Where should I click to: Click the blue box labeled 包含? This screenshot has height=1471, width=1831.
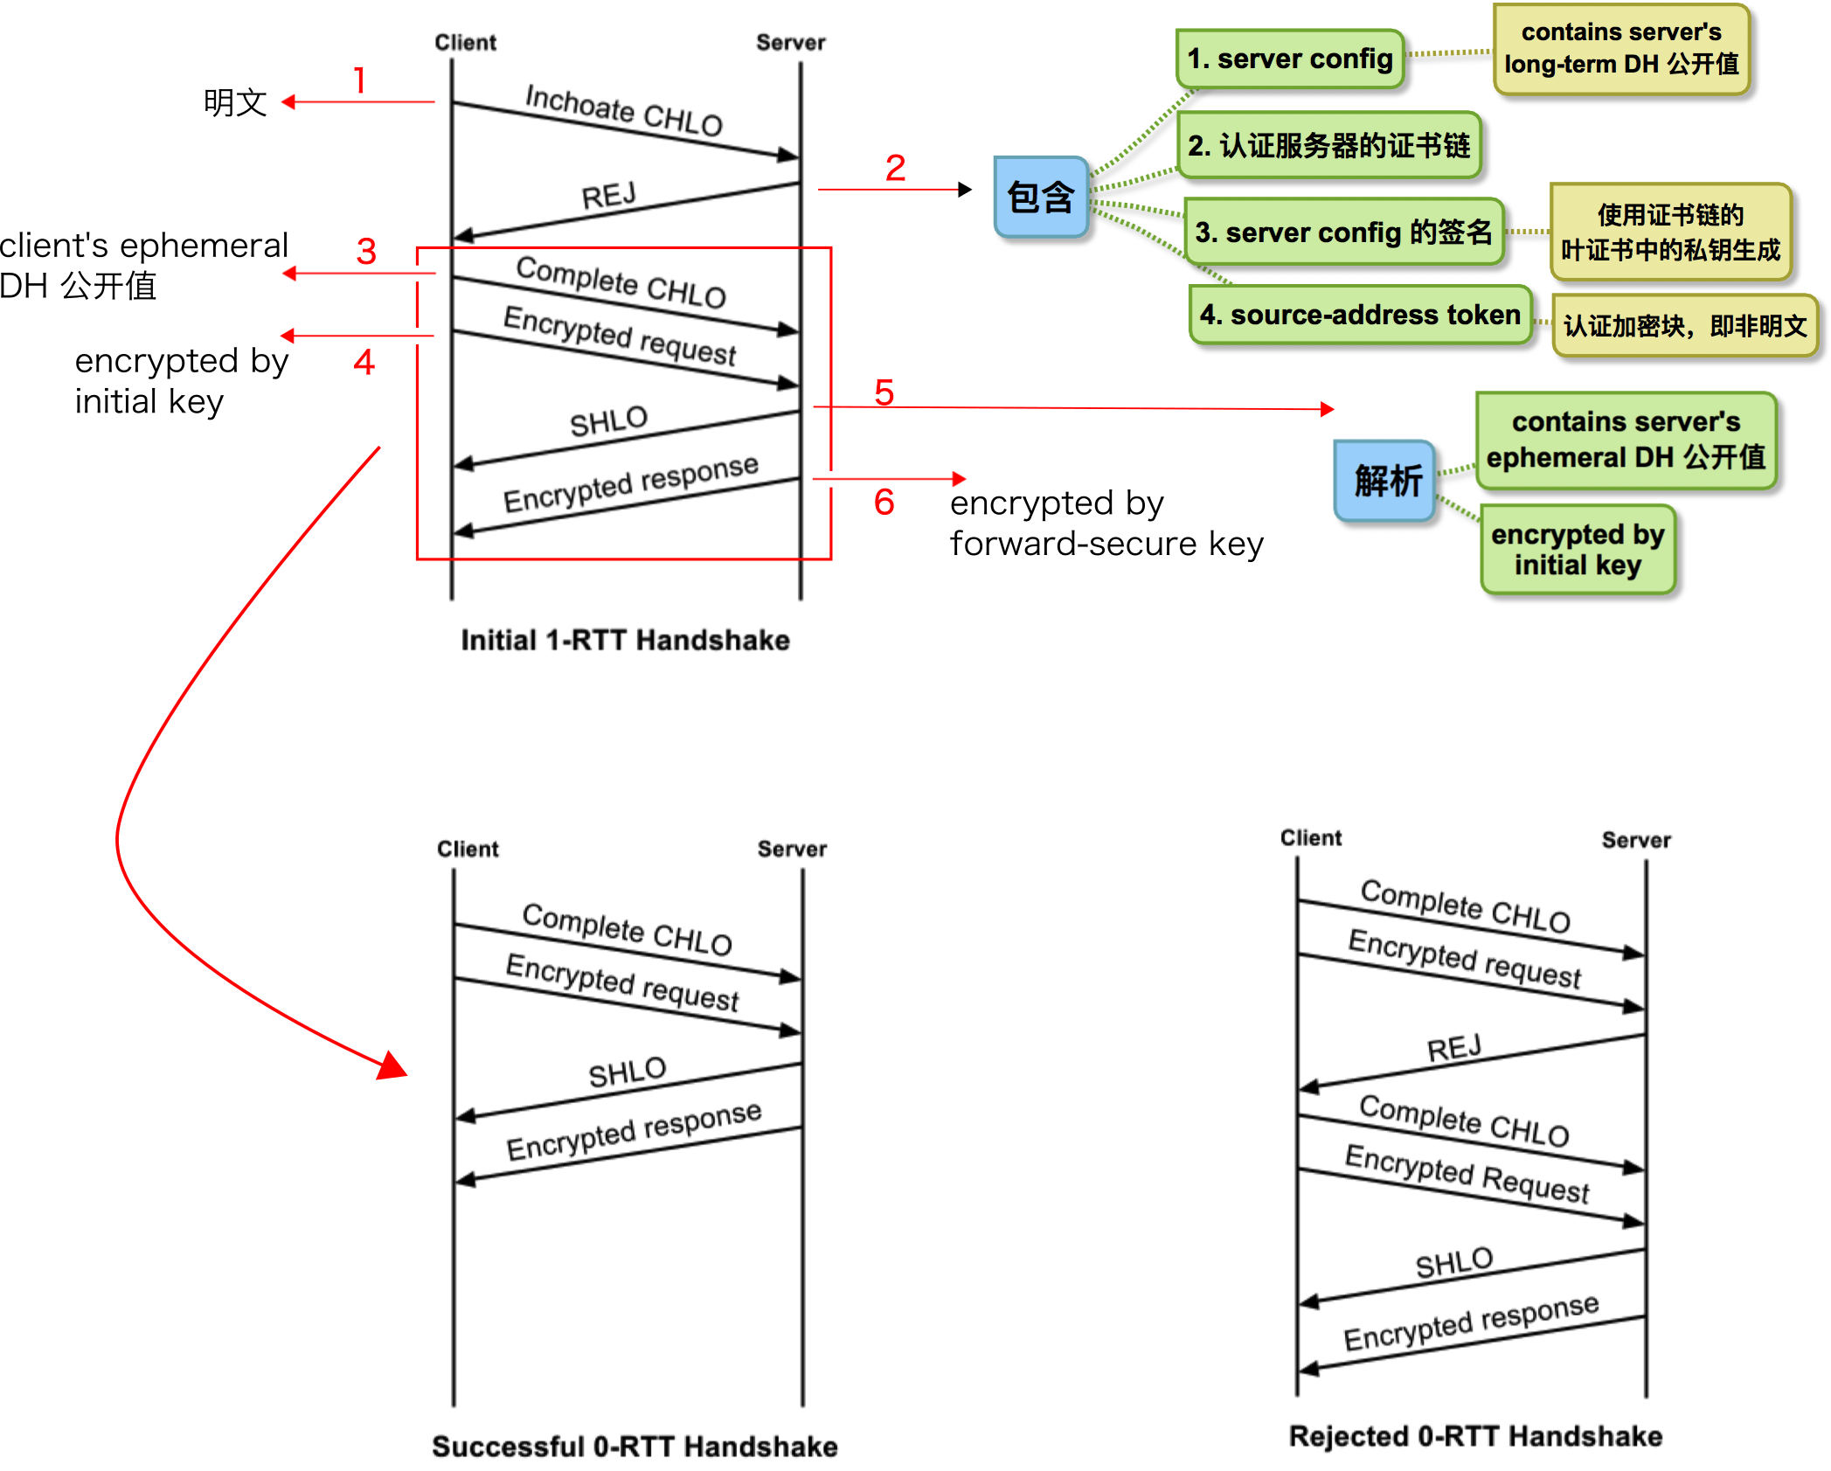point(1041,197)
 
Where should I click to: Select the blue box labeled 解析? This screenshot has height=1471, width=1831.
point(1385,481)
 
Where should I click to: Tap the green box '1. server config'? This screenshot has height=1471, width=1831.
point(1290,59)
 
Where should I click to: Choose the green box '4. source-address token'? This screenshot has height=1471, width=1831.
point(1361,315)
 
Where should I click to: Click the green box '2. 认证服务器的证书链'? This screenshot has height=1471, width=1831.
point(1329,145)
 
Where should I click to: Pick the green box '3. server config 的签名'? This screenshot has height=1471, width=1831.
point(1344,232)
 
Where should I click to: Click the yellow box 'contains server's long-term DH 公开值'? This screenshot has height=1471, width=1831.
point(1622,48)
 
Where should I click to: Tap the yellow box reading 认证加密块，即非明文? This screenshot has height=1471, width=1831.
point(1686,326)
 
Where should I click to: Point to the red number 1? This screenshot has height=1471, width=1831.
point(360,80)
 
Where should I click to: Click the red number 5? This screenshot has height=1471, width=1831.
point(884,392)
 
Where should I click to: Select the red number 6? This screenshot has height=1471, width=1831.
point(884,502)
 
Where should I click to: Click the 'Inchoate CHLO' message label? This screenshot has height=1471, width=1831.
point(624,111)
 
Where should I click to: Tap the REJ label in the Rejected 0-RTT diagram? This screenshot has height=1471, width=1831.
point(1454,1047)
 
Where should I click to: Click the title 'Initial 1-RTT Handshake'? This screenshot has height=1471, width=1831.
point(626,640)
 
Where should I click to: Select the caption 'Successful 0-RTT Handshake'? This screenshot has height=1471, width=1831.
point(635,1447)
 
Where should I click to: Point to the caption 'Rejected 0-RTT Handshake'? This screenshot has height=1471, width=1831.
point(1476,1436)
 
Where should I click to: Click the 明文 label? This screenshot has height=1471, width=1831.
point(235,102)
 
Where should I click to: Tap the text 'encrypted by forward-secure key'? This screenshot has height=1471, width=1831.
point(1106,523)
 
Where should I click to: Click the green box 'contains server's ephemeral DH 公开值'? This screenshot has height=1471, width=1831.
point(1626,440)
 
